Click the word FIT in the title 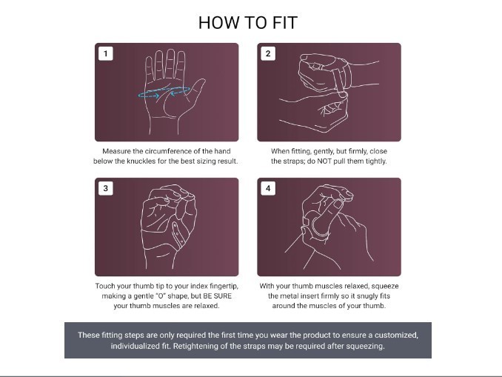[x=285, y=23]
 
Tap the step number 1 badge [x=106, y=53]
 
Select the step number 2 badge [x=268, y=53]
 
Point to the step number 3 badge [x=106, y=188]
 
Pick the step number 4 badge [x=268, y=188]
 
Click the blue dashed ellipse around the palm [x=164, y=87]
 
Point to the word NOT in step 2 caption [x=324, y=161]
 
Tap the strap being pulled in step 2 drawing [x=339, y=81]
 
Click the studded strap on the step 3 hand [x=178, y=235]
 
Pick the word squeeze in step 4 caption [x=385, y=286]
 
